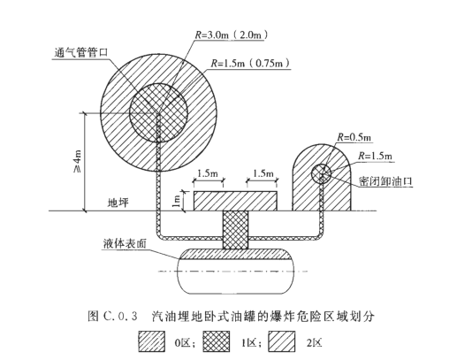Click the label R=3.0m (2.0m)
(x=232, y=35)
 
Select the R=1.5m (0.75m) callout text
(x=250, y=64)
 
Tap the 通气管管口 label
(x=80, y=53)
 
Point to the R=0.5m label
(x=354, y=137)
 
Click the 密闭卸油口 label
(x=385, y=181)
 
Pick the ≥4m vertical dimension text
(x=78, y=161)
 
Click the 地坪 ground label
(x=118, y=203)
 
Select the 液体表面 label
(x=125, y=243)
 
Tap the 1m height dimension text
(x=177, y=201)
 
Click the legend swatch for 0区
(x=152, y=341)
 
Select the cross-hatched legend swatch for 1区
(x=216, y=341)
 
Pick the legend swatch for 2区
(x=281, y=341)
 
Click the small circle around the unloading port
(x=321, y=174)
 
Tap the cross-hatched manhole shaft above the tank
(x=235, y=230)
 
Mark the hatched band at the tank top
(x=235, y=254)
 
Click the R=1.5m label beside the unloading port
(x=375, y=156)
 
